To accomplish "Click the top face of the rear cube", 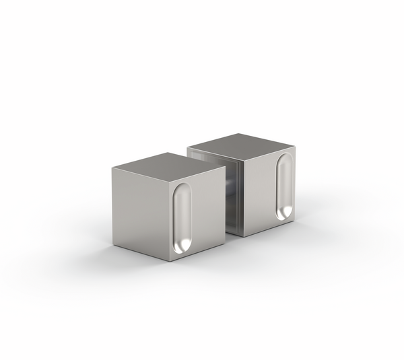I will (241, 145).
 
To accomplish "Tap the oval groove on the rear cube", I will (284, 186).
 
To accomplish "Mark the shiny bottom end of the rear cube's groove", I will (283, 211).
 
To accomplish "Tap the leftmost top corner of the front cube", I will (112, 168).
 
